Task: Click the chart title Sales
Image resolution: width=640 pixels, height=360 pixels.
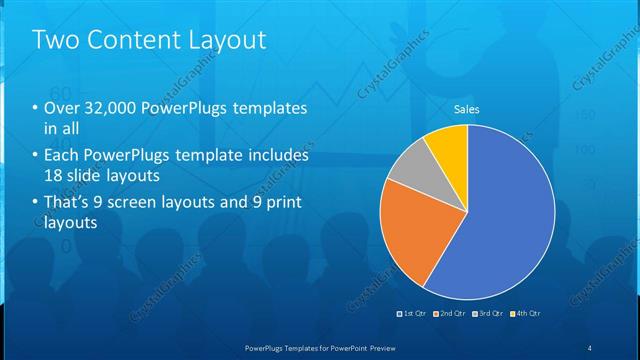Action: click(467, 108)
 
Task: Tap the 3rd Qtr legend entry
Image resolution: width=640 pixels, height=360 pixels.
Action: click(488, 313)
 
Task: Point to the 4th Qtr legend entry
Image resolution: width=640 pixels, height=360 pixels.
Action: click(525, 313)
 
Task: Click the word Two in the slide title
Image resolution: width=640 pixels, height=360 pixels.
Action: click(53, 40)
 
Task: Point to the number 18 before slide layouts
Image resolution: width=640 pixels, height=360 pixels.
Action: click(53, 174)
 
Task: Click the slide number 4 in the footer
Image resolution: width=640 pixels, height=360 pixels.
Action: click(590, 347)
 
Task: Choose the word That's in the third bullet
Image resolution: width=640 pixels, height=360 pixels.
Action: click(68, 204)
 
